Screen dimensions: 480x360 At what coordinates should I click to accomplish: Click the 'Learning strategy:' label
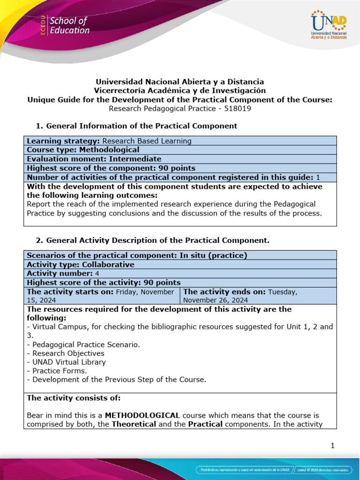pos(64,141)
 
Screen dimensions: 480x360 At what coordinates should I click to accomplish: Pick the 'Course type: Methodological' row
pos(83,150)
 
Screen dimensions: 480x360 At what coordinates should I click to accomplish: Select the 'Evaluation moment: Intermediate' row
pos(94,159)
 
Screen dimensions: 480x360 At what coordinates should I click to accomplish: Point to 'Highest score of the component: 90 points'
pos(111,168)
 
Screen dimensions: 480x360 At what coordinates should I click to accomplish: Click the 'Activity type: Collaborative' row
pos(81,264)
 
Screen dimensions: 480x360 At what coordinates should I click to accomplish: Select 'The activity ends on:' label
pos(225,292)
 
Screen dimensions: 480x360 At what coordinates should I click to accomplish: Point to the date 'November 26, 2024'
pos(216,300)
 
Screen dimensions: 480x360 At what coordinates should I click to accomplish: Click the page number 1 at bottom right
pos(332,446)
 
